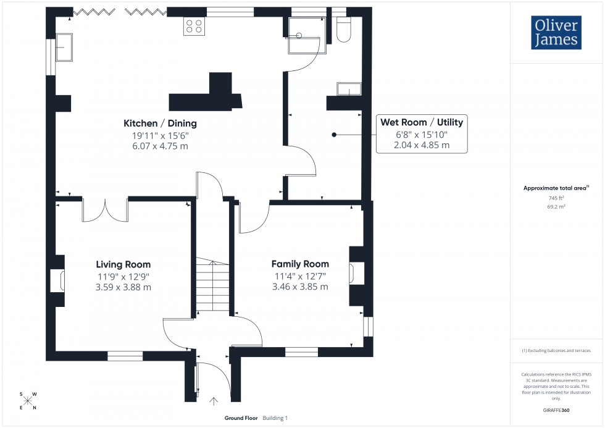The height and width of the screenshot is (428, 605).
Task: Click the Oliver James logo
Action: pos(556,33)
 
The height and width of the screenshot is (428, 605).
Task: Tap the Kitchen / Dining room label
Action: pos(160,124)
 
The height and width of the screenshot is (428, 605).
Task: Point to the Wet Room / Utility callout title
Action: pos(422,122)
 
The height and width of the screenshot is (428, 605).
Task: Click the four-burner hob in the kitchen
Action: pos(193,26)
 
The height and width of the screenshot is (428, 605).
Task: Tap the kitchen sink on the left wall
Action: pos(64,48)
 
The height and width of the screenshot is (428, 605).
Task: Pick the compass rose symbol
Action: pos(28,401)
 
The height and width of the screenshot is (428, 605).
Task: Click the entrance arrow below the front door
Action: pos(214,401)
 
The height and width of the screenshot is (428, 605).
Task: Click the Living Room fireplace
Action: pos(57,280)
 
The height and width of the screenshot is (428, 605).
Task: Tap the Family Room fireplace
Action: pos(357,272)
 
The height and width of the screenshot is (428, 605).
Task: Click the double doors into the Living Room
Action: pos(105,210)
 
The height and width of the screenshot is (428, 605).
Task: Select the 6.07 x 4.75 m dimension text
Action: pos(160,146)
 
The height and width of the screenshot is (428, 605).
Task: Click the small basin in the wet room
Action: pos(348,90)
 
